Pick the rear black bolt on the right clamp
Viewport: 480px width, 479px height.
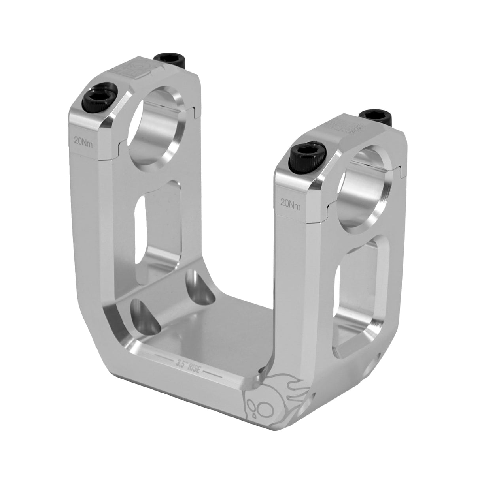[376, 115]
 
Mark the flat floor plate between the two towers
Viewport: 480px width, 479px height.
[221, 336]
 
